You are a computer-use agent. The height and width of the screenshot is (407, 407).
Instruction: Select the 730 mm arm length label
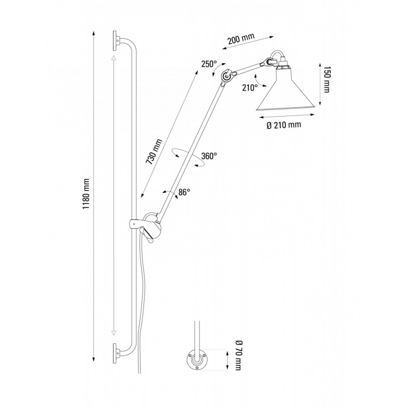click(154, 152)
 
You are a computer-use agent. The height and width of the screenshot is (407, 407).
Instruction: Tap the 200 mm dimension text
click(241, 40)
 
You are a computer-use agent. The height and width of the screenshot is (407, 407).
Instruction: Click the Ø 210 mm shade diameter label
click(284, 125)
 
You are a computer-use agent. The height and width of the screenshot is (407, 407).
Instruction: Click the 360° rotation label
click(209, 156)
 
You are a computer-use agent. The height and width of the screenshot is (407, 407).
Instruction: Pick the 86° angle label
click(184, 192)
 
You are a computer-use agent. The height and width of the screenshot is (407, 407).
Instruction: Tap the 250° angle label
click(209, 64)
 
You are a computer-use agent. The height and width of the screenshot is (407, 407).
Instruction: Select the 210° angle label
click(250, 88)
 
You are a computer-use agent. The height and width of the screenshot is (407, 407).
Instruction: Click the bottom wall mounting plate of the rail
click(116, 353)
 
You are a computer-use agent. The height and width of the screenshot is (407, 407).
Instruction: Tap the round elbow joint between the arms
click(226, 76)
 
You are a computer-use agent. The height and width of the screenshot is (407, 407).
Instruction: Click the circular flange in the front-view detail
click(197, 360)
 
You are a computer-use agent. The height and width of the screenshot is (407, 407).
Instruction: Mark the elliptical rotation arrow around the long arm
click(188, 157)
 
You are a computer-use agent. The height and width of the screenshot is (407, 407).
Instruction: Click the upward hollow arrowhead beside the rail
click(113, 57)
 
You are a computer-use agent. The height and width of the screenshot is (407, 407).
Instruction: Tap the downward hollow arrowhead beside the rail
click(113, 334)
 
